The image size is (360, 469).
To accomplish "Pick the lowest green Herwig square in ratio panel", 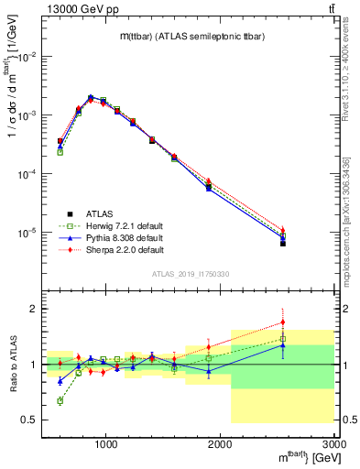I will pyautogui.click(x=60, y=401).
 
